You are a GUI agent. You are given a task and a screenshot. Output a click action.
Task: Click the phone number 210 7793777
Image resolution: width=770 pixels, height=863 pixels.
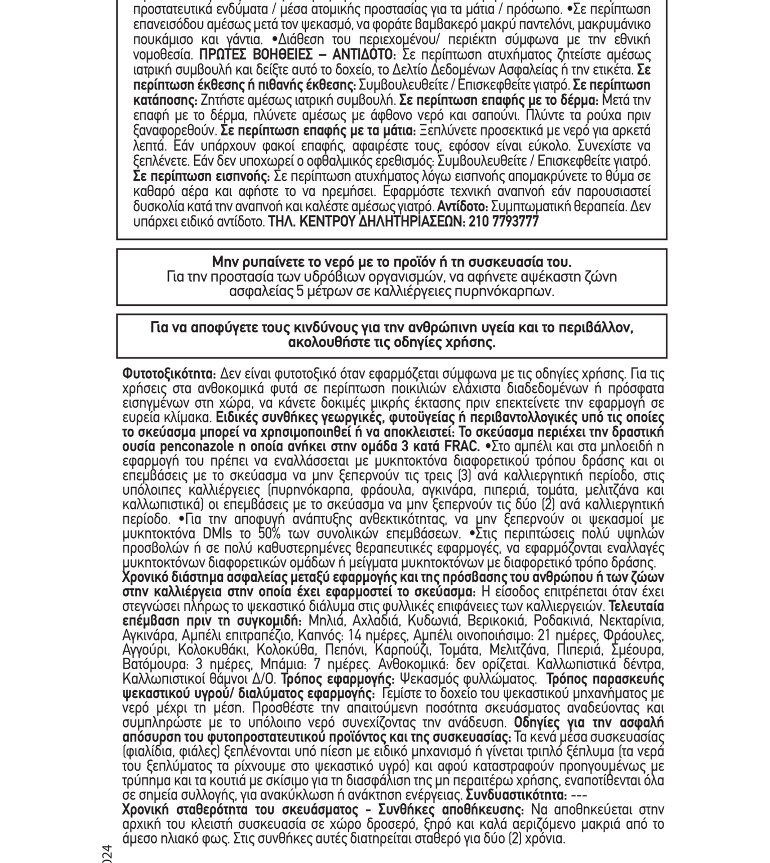click(503, 222)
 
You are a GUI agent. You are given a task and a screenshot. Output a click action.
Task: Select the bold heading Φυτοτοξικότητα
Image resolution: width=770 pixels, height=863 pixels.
click(169, 374)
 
